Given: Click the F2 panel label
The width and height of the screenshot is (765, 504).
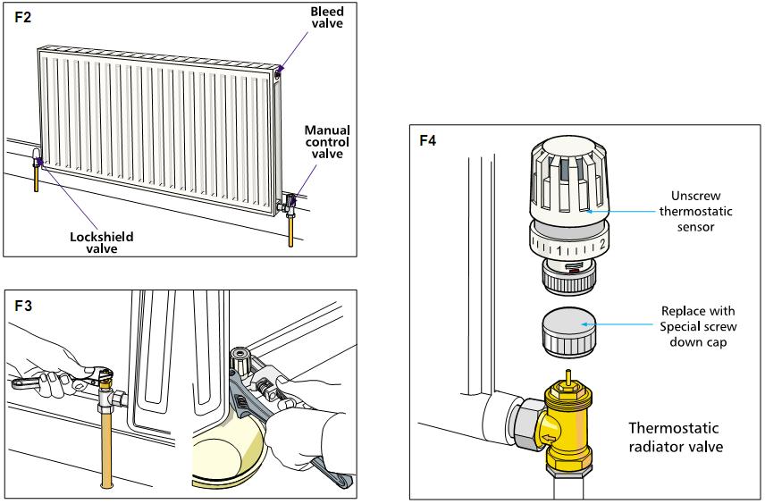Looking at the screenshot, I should (24, 17).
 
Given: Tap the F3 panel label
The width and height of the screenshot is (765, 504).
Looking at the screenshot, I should (25, 305).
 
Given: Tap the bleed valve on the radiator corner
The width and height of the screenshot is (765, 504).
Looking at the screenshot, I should (280, 71).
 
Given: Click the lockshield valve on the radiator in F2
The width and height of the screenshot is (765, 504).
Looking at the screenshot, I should (38, 162).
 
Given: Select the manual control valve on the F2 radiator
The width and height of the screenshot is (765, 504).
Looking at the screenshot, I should (291, 198).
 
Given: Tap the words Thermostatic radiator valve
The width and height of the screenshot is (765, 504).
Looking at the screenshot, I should (671, 436).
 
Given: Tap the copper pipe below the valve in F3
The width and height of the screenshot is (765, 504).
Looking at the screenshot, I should (108, 447).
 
